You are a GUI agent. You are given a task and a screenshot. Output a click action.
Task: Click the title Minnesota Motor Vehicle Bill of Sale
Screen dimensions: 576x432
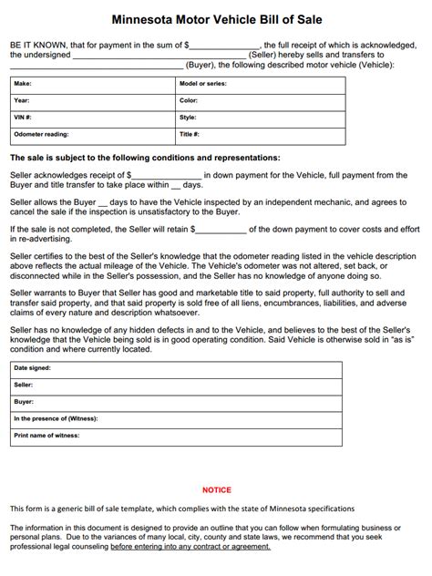pyautogui.click(x=216, y=18)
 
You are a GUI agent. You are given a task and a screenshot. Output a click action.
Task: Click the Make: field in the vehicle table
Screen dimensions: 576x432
pyautogui.click(x=91, y=83)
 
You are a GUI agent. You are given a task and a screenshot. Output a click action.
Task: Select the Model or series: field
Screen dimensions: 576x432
pyautogui.click(x=260, y=83)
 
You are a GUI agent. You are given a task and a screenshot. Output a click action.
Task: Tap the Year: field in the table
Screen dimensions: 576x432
pyautogui.click(x=91, y=100)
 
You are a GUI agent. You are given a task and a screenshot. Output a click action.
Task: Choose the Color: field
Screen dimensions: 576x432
pyautogui.click(x=260, y=100)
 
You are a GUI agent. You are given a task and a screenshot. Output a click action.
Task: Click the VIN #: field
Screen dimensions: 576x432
pyautogui.click(x=91, y=117)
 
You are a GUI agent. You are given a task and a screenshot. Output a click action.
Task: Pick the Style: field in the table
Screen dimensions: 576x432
pyautogui.click(x=260, y=117)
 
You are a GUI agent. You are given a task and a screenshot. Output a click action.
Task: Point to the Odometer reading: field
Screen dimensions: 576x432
pyautogui.click(x=91, y=134)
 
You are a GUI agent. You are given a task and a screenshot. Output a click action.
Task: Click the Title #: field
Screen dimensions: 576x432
pyautogui.click(x=260, y=134)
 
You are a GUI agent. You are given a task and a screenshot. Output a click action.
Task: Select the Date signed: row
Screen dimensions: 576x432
pyautogui.click(x=177, y=368)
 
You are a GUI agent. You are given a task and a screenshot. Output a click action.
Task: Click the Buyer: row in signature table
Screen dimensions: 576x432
pyautogui.click(x=177, y=401)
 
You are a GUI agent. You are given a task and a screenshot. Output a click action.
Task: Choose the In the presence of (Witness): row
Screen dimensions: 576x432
pyautogui.click(x=177, y=418)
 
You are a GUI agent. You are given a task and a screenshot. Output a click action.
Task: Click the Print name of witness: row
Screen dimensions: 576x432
pyautogui.click(x=177, y=436)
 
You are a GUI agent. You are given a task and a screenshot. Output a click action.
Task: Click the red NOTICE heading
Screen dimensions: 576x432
pyautogui.click(x=216, y=489)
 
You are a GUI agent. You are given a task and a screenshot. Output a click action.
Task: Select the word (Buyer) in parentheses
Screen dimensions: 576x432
pyautogui.click(x=201, y=66)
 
